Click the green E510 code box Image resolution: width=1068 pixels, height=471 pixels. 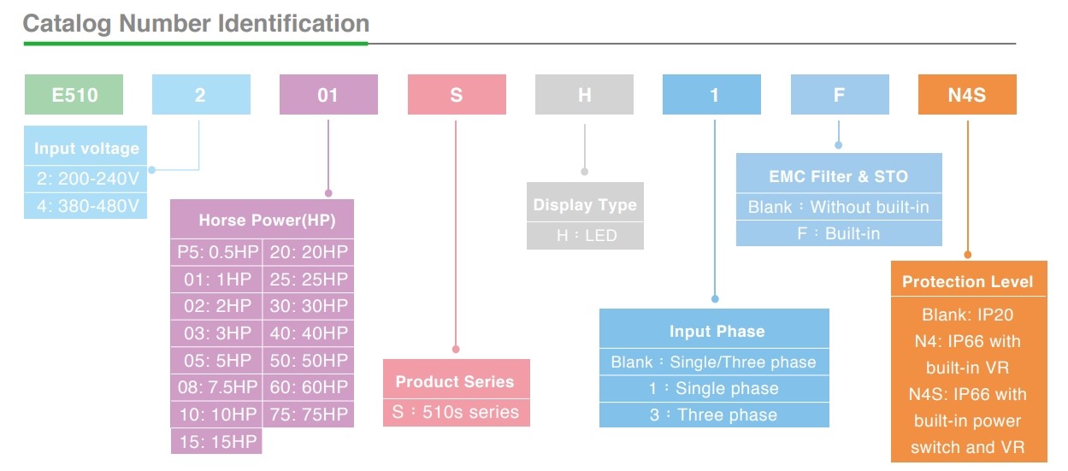pos(74,94)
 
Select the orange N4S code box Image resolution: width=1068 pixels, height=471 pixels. pos(967,94)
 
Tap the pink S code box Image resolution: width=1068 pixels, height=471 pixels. pos(457,94)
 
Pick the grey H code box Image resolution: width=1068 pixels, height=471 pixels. pos(584,94)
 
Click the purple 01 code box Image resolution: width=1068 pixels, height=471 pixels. pos(328,94)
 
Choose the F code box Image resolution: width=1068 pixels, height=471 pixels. pos(840,94)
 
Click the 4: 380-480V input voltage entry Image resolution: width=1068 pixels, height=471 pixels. pos(86,206)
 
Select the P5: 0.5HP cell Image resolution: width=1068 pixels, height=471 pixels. pos(217,251)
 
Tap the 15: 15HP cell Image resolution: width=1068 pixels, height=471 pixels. pos(217,441)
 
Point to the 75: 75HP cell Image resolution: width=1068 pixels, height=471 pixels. pos(309,415)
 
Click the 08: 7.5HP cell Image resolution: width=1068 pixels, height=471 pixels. pos(217,387)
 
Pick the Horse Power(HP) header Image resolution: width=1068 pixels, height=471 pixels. pos(263,220)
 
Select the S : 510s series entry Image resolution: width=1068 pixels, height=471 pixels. pos(457,412)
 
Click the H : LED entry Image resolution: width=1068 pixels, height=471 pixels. pos(586,236)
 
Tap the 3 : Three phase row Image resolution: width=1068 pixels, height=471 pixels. pos(714,415)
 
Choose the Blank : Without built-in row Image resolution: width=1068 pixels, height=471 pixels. pos(839,207)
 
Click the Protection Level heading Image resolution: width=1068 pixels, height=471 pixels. pos(968,282)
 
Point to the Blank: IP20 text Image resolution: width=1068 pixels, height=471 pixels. pos(967,315)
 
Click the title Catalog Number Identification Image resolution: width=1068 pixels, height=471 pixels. pos(196,24)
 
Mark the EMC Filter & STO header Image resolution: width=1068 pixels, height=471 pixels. pos(839,176)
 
